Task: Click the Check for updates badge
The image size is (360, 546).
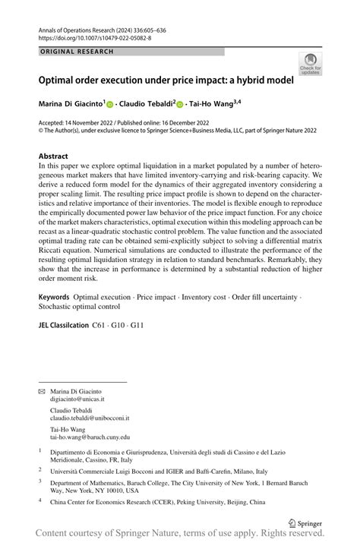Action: pyautogui.click(x=311, y=64)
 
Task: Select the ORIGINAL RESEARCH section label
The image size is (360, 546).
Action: pyautogui.click(x=77, y=52)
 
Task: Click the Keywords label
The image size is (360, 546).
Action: pyautogui.click(x=58, y=298)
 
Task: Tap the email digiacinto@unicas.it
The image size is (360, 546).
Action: pyautogui.click(x=77, y=398)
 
